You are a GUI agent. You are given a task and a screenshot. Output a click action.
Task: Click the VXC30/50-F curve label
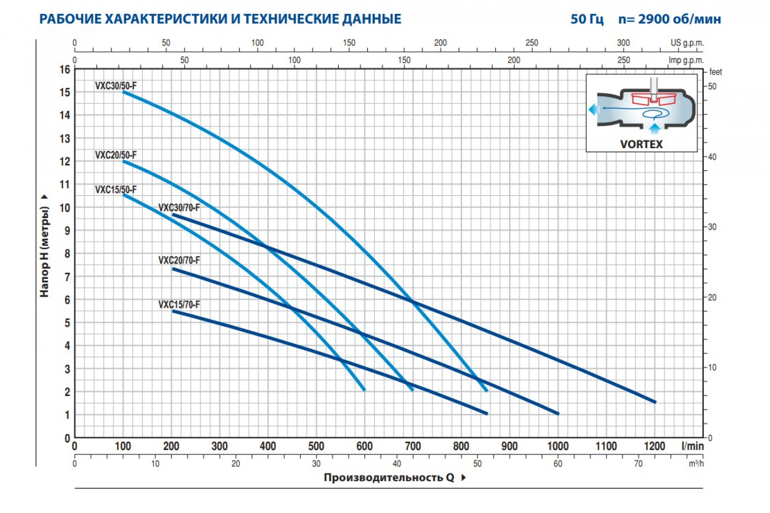point(116,86)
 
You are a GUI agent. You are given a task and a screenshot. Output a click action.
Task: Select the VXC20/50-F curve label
point(116,155)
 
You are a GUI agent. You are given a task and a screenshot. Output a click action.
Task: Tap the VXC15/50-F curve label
point(116,190)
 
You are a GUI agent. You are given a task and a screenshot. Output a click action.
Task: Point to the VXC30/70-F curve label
point(179,208)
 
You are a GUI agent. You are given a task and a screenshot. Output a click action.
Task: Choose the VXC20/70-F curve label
point(179,260)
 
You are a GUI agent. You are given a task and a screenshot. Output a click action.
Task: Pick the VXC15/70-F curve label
point(179,305)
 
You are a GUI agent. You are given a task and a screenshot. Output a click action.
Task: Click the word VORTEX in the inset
point(641,144)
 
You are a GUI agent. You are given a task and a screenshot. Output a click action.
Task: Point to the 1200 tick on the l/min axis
point(654,446)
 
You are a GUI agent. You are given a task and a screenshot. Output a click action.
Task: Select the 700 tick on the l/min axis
point(413,446)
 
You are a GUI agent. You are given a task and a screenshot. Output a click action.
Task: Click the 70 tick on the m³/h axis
point(638,464)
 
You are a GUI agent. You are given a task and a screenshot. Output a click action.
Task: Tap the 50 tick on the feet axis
point(712,87)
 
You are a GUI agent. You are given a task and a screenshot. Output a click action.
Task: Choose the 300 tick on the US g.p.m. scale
point(623,43)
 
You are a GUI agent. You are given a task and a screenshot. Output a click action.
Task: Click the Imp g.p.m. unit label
point(686,60)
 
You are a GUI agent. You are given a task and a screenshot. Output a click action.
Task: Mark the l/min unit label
point(692,446)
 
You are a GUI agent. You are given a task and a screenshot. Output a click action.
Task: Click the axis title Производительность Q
point(389,478)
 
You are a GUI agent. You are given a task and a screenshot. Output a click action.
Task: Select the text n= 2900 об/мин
point(670,19)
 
